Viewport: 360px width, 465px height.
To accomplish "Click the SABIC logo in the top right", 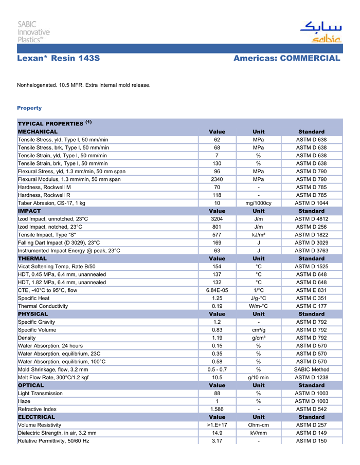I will [x=320, y=32].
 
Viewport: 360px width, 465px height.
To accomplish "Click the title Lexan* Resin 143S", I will [x=58, y=59].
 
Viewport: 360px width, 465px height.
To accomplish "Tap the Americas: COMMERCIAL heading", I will [x=286, y=59].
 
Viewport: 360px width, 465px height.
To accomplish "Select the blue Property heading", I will [x=29, y=108].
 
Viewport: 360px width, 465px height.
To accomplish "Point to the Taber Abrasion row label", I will [x=51, y=203].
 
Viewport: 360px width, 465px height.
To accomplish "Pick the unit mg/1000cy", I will [x=258, y=203].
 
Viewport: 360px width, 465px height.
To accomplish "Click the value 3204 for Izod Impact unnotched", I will [x=217, y=219].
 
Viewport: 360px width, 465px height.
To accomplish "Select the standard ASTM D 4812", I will [x=311, y=219].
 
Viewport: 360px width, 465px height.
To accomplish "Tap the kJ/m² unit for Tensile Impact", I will [x=258, y=235].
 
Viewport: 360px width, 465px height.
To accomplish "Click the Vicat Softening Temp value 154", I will [x=217, y=266].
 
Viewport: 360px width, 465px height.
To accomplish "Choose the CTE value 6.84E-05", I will [x=217, y=290].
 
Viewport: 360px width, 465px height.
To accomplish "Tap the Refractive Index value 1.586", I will [x=217, y=409].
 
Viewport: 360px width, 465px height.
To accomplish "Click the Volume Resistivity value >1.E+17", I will [x=217, y=425].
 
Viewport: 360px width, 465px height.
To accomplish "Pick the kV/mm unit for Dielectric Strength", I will [x=258, y=433].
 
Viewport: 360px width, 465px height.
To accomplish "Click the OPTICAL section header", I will [x=31, y=385].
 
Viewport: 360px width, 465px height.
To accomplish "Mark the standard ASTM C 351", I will [x=311, y=298].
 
